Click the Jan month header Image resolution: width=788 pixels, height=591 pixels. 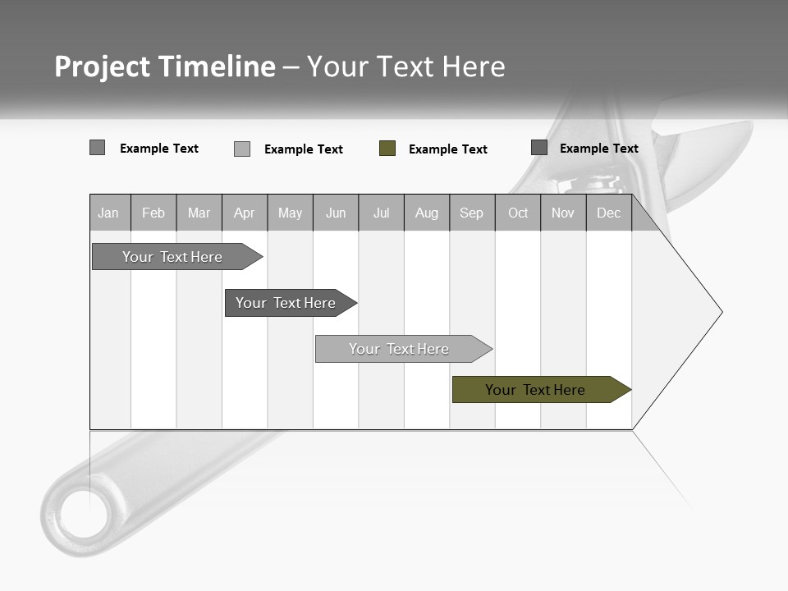pos(109,213)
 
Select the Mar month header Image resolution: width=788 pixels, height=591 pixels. pos(199,213)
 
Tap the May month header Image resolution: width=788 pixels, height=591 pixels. pos(290,213)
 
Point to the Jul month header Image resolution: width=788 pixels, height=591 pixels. pos(381,213)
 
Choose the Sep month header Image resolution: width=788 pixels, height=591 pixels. pos(471,213)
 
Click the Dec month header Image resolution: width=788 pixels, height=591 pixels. pos(608,213)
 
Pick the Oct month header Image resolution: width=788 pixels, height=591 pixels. pos(518,213)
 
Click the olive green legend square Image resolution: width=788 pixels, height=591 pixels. pos(387,149)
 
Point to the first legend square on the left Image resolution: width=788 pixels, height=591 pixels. pos(97,148)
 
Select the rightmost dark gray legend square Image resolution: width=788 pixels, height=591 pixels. pos(539,148)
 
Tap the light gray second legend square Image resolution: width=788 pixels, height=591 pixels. pos(242,149)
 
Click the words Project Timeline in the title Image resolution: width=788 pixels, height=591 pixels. pos(165,66)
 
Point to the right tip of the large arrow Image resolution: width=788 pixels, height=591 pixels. pos(721,312)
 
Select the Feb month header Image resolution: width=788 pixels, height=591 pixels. pos(153,213)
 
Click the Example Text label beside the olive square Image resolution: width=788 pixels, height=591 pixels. pos(447,149)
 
